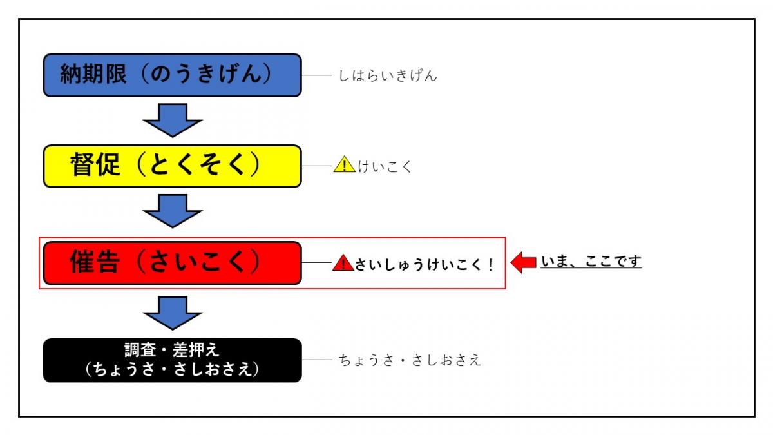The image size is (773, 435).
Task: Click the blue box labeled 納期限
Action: pyautogui.click(x=172, y=75)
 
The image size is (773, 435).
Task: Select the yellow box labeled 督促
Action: pyautogui.click(x=172, y=166)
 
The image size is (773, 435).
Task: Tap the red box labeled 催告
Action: pyautogui.click(x=172, y=263)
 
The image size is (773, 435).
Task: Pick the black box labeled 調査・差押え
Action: pyautogui.click(x=172, y=360)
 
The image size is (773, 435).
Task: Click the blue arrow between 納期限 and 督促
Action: pyautogui.click(x=173, y=121)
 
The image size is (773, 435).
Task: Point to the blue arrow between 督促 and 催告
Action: pyautogui.click(x=173, y=211)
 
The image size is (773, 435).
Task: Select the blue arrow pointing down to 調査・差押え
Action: pyautogui.click(x=173, y=313)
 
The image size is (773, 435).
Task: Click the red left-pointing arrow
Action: pyautogui.click(x=523, y=262)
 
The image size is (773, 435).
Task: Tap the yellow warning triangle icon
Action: pyautogui.click(x=344, y=166)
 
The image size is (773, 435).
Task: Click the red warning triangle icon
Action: pyautogui.click(x=343, y=263)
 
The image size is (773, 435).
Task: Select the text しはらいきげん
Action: pyautogui.click(x=388, y=76)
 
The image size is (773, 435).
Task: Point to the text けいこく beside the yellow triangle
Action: pyautogui.click(x=385, y=167)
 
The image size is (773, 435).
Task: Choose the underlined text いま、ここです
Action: pyautogui.click(x=591, y=262)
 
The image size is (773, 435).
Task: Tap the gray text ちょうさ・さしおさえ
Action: pyautogui.click(x=410, y=360)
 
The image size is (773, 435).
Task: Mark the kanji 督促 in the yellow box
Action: pyautogui.click(x=95, y=166)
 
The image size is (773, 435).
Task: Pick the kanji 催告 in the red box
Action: pyautogui.click(x=95, y=262)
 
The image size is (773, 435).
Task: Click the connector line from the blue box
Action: pyautogui.click(x=316, y=75)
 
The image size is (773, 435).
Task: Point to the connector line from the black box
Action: pyautogui.click(x=316, y=360)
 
